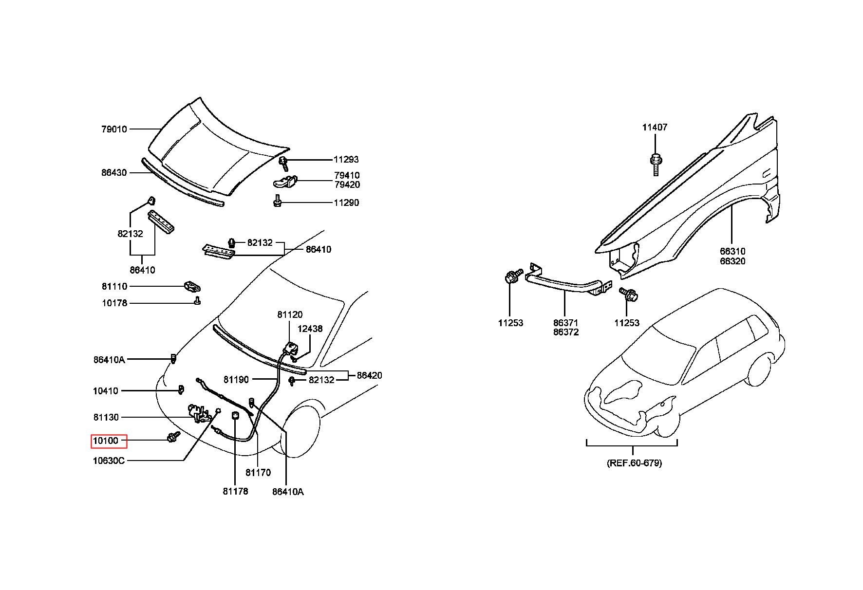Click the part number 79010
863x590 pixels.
click(x=114, y=129)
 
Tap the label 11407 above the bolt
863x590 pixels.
click(x=655, y=127)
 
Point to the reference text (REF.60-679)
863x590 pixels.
click(x=634, y=463)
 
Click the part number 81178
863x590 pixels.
click(x=236, y=491)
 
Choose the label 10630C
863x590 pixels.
click(x=109, y=461)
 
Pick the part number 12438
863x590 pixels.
click(x=310, y=329)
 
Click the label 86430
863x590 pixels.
click(x=114, y=172)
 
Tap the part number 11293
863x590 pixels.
click(x=346, y=159)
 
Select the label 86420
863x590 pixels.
click(x=370, y=375)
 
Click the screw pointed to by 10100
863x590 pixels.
click(x=173, y=437)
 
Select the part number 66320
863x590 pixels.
click(x=733, y=261)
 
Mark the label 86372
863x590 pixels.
click(x=566, y=332)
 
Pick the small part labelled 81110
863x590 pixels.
click(x=193, y=286)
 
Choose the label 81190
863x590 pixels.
click(x=236, y=379)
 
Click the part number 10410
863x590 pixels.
click(x=106, y=391)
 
